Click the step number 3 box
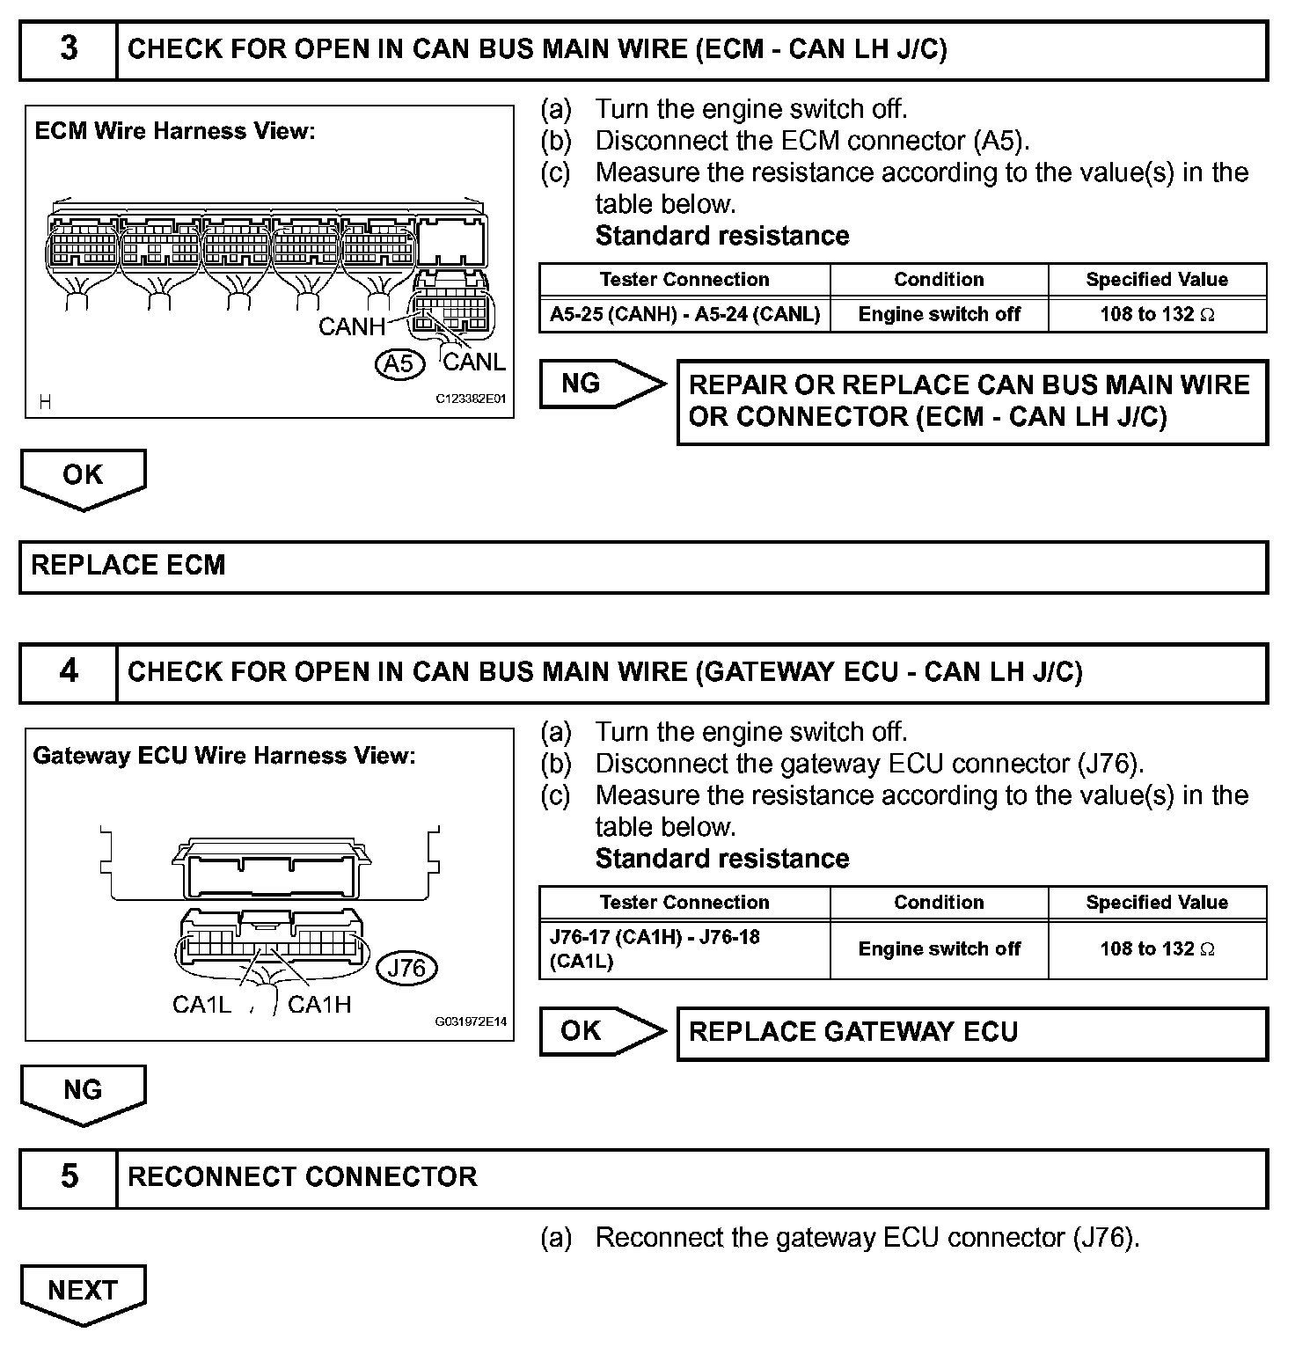pyautogui.click(x=69, y=49)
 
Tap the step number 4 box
pyautogui.click(x=69, y=672)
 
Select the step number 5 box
pyautogui.click(x=69, y=1177)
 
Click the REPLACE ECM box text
pyautogui.click(x=128, y=565)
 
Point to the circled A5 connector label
pyautogui.click(x=399, y=362)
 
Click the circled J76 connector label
pyautogui.click(x=406, y=969)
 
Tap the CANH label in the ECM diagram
pyautogui.click(x=351, y=327)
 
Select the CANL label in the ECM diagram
pyautogui.click(x=474, y=362)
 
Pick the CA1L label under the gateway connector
pyautogui.click(x=201, y=1005)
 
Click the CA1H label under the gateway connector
pyautogui.click(x=319, y=1005)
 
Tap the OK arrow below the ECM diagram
pyautogui.click(x=83, y=476)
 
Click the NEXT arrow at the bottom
pyautogui.click(x=83, y=1291)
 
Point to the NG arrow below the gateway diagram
pyautogui.click(x=83, y=1091)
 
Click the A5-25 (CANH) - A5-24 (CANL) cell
pyautogui.click(x=684, y=314)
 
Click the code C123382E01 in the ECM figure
pyautogui.click(x=472, y=399)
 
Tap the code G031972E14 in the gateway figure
pyautogui.click(x=471, y=1021)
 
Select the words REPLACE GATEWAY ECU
pyautogui.click(x=852, y=1032)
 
